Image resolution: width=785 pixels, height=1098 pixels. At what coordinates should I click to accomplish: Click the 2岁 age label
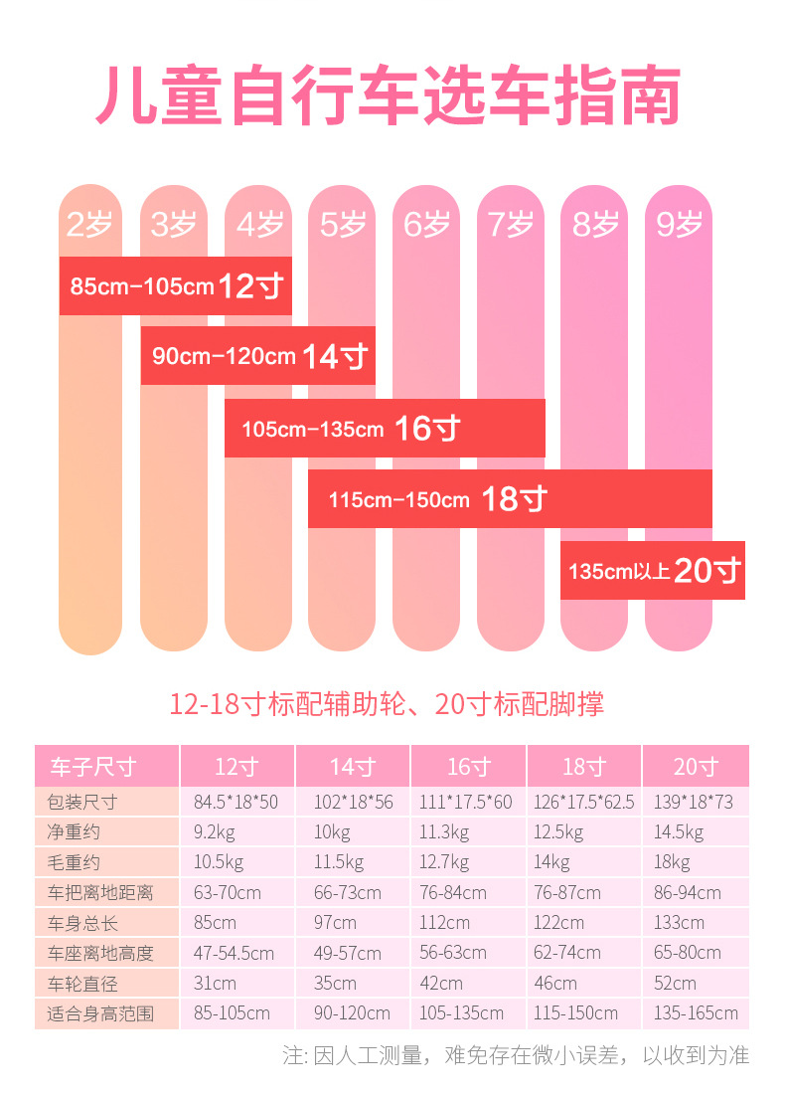point(89,225)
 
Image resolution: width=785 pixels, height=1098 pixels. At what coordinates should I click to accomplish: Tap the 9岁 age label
point(680,225)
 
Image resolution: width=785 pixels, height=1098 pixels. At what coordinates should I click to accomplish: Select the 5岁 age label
point(343,225)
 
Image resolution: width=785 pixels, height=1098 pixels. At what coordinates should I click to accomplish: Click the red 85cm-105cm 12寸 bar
point(176,286)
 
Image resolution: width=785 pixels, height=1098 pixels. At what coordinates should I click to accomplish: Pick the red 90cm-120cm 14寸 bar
point(258,356)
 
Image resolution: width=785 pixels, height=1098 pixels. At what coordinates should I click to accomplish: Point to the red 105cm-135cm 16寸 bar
point(385,429)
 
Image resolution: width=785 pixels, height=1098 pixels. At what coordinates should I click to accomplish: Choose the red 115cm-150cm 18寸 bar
point(510,498)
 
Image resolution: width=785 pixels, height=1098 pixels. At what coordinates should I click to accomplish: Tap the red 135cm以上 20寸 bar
point(652,571)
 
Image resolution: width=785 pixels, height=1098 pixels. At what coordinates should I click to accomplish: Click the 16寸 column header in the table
point(468,767)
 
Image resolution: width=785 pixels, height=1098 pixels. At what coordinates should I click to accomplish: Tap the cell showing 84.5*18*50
point(235,803)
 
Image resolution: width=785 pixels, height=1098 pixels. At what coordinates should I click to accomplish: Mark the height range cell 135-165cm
point(696,1013)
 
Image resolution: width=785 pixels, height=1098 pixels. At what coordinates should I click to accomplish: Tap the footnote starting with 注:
point(516,1055)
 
